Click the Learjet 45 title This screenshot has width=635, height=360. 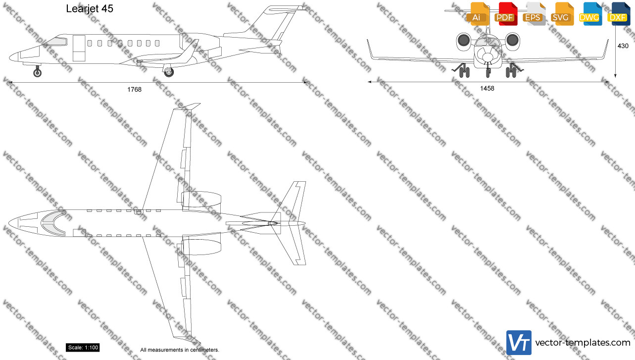90,8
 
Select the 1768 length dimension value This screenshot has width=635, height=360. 134,89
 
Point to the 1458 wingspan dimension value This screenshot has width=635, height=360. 487,89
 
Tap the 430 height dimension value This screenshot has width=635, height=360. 623,46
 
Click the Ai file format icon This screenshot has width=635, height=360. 478,14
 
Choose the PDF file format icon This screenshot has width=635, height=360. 506,14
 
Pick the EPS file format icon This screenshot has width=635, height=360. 534,14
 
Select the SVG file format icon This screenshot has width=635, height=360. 562,14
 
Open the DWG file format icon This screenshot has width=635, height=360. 590,14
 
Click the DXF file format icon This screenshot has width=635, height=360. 619,14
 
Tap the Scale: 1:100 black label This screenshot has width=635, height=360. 83,348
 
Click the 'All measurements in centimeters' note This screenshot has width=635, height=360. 180,350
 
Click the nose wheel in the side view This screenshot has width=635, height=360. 37,73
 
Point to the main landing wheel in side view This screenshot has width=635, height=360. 169,72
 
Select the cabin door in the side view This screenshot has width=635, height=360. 79,48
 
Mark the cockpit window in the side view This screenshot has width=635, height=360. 57,42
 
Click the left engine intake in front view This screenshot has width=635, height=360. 464,40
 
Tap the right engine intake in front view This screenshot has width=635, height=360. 513,40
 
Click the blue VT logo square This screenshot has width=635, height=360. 519,342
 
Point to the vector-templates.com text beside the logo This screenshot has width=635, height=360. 583,343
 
